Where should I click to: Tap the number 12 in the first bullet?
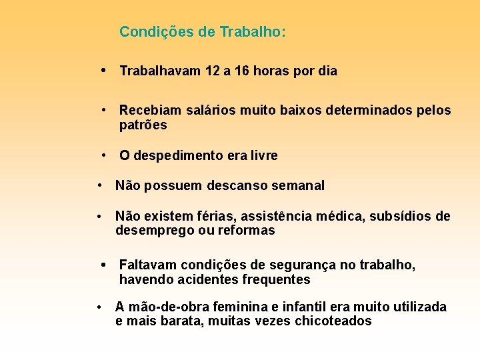click(213, 71)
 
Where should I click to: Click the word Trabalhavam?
click(160, 71)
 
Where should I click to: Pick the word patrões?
click(143, 125)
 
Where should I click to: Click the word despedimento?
click(180, 156)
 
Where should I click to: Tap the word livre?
click(262, 156)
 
